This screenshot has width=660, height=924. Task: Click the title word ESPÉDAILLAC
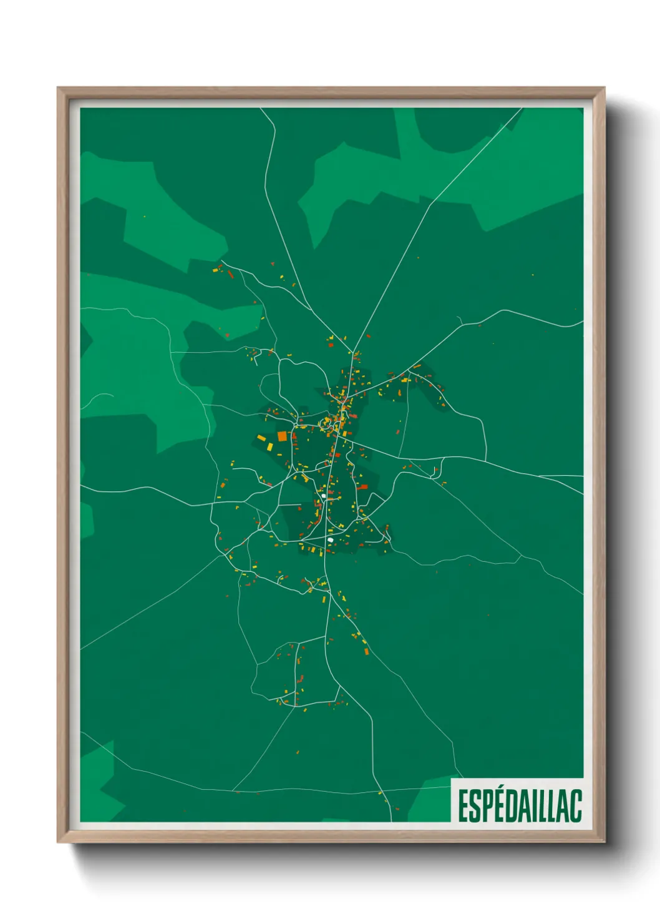(x=520, y=805)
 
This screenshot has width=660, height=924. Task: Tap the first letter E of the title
(x=463, y=806)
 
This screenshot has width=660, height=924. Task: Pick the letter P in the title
(x=485, y=806)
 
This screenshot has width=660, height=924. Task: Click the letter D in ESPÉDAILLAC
(x=507, y=806)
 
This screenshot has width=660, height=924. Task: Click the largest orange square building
(x=282, y=436)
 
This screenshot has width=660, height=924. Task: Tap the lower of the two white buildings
(x=330, y=539)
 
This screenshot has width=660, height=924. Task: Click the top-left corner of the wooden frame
(x=59, y=89)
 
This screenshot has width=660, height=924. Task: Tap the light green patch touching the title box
(x=430, y=799)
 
